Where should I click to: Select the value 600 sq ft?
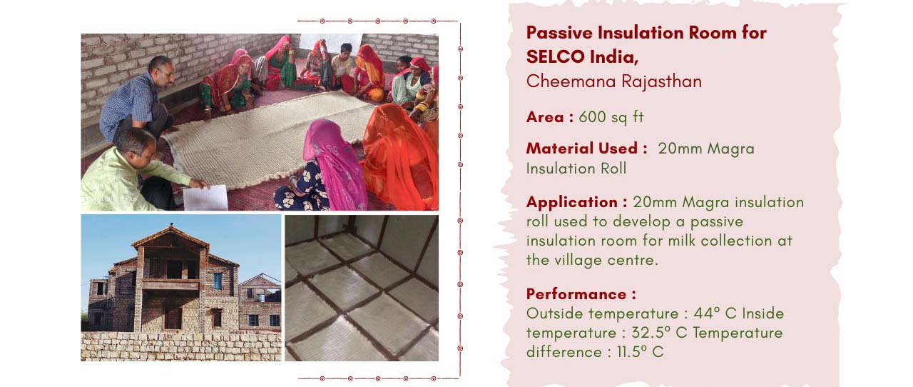611,117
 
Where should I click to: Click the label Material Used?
582,149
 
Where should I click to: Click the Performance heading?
576,294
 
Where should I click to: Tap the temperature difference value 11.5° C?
640,352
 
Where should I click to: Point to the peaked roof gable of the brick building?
171,237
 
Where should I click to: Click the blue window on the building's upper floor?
218,281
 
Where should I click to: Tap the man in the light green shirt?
131,171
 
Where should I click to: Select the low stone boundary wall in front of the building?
181,346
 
